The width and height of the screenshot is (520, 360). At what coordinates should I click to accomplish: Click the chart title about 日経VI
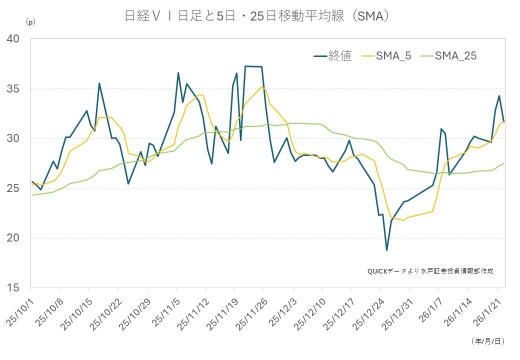256,16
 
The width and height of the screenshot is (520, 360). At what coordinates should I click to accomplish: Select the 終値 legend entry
332,55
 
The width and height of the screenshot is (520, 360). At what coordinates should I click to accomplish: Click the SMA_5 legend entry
386,55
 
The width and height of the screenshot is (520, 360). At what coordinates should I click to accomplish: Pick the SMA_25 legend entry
448,55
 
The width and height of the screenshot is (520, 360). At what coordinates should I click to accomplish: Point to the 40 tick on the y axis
13,39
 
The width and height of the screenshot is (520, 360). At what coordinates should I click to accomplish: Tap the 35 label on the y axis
13,89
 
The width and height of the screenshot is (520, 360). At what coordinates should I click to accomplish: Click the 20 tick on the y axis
13,238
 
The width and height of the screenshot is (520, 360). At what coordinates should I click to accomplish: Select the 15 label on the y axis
13,287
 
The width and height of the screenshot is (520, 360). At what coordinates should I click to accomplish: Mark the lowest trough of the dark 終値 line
386,250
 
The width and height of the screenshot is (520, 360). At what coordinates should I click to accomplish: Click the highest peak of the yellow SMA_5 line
262,86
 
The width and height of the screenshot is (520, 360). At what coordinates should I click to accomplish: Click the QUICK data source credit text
430,271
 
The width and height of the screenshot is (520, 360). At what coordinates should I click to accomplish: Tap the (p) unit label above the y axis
30,22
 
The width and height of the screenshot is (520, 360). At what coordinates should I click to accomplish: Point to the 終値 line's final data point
504,121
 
